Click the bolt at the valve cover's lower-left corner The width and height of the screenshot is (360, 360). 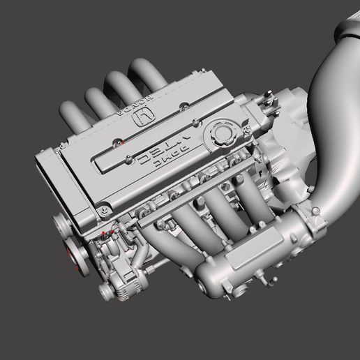coord(103,208)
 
